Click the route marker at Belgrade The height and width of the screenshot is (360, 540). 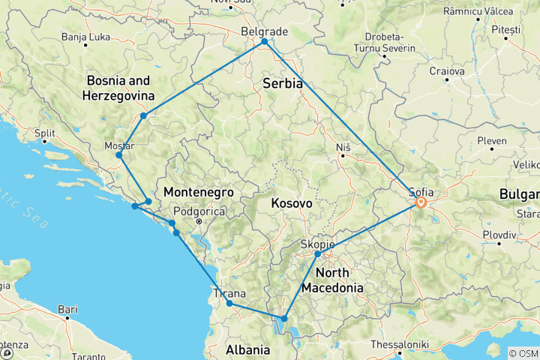coord(264,42)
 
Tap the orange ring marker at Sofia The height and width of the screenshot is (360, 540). coord(421,202)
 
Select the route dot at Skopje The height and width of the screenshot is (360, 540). coord(318,254)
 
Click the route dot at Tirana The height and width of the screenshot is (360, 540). coord(229,304)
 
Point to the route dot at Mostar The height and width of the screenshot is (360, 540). coord(119,155)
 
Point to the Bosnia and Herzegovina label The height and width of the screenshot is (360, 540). coord(121,88)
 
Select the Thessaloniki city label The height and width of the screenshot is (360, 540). coord(399,344)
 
